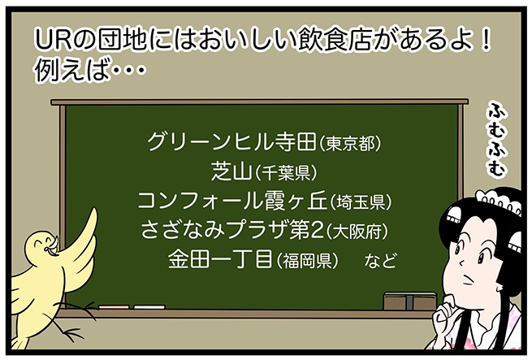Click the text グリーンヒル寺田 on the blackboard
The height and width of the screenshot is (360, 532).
click(232, 142)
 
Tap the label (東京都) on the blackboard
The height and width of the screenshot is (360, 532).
click(350, 144)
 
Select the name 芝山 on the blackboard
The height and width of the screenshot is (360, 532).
click(231, 171)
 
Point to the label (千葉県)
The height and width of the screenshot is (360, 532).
click(285, 173)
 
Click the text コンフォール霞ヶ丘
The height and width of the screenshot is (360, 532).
click(232, 201)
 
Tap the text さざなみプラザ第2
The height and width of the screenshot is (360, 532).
click(232, 230)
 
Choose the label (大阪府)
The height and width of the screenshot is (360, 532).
click(357, 232)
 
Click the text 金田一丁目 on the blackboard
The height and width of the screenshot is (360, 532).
click(221, 258)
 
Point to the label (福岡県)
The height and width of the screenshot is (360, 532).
click(307, 261)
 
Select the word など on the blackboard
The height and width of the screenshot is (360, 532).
click(380, 261)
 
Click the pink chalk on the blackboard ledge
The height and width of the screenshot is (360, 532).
click(114, 307)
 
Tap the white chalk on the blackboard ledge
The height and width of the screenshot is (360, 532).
click(149, 307)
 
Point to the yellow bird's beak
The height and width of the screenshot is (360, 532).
click(54, 246)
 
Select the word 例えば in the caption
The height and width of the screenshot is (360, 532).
click(72, 71)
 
